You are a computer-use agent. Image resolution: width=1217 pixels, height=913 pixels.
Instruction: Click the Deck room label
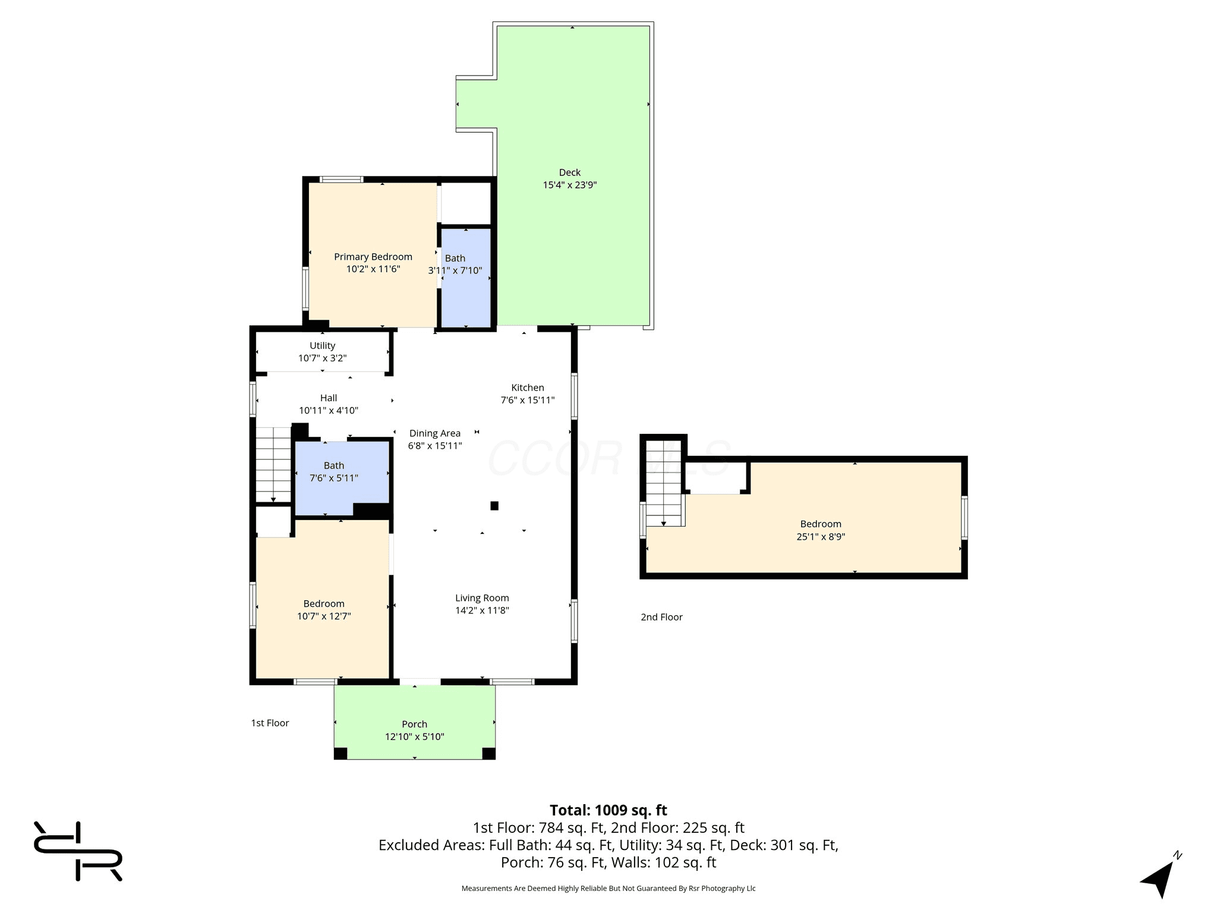coord(569,172)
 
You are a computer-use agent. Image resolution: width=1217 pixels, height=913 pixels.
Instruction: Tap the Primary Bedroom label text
coord(373,257)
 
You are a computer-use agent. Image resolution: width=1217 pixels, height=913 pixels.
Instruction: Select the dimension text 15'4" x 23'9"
coord(569,185)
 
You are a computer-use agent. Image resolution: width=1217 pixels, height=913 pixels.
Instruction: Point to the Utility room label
coord(322,345)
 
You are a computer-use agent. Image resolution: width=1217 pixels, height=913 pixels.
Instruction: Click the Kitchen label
coord(528,388)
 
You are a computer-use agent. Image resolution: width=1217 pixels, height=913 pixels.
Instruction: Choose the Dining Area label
coord(435,433)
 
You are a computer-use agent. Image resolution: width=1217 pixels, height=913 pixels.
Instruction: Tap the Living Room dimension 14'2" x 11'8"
coord(482,610)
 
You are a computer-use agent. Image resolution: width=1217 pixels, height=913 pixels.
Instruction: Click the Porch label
coord(414,724)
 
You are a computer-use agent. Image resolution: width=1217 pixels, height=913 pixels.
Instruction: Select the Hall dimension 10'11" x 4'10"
coord(329,411)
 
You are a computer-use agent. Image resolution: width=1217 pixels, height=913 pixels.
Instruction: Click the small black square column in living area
coord(494,506)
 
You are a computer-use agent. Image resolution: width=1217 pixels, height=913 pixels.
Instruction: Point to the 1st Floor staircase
coord(273,465)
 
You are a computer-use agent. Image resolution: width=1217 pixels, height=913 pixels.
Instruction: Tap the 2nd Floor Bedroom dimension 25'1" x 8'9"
coord(821,537)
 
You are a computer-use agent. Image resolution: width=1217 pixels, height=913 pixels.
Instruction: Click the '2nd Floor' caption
coord(661,617)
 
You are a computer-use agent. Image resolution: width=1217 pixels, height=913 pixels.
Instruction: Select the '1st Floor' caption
coord(270,723)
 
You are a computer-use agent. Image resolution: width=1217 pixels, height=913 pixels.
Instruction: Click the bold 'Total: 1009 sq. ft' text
coord(608,810)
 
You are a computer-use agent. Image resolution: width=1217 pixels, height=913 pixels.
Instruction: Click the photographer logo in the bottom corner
coord(78,851)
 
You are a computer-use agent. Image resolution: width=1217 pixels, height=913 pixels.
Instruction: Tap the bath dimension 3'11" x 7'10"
coord(455,271)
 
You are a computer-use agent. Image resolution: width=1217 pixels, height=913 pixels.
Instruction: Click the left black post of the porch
coord(340,753)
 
